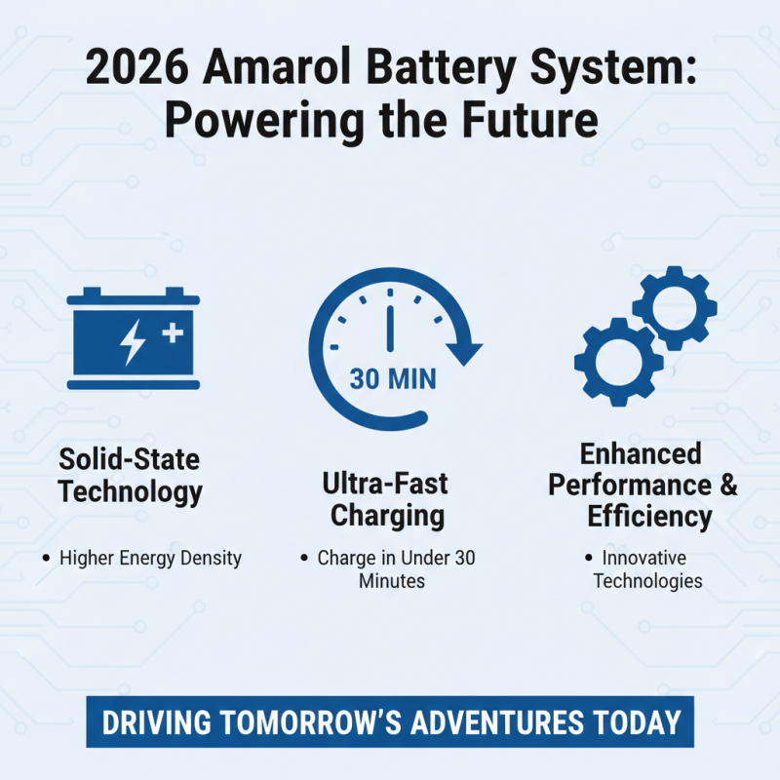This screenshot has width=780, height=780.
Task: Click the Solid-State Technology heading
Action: coord(130,475)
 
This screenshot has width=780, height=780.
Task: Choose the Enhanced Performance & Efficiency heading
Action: coord(643,485)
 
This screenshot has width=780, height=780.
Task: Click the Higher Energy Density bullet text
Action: coord(149,559)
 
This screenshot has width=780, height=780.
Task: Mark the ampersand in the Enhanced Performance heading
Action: coord(726,485)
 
